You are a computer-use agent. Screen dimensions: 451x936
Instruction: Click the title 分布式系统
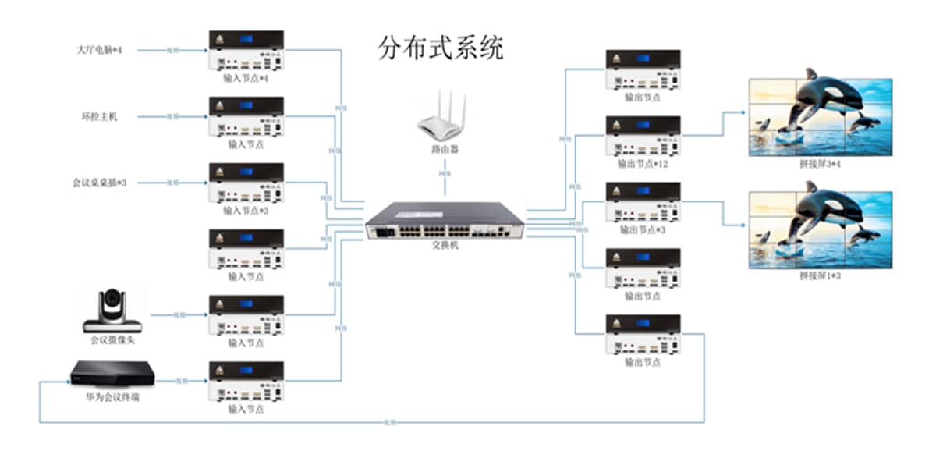coord(441,48)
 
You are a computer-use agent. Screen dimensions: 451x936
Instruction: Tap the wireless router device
coord(443,117)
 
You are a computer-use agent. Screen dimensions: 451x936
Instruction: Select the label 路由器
coord(444,148)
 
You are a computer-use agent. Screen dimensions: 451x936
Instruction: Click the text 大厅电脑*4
coord(100,50)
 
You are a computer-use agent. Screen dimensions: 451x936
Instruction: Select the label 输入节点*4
coord(246,79)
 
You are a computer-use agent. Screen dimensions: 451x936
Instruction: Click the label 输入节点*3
coord(246,211)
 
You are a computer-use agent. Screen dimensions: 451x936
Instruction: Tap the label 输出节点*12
coord(643,164)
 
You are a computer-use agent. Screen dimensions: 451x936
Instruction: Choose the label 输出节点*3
coord(643,230)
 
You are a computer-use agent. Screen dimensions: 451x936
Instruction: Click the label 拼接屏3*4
coord(820,164)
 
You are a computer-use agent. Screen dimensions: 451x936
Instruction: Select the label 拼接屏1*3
coord(820,276)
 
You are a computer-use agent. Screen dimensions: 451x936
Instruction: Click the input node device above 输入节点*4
coord(246,51)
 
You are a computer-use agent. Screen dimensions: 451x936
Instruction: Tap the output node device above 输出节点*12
coord(643,136)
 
